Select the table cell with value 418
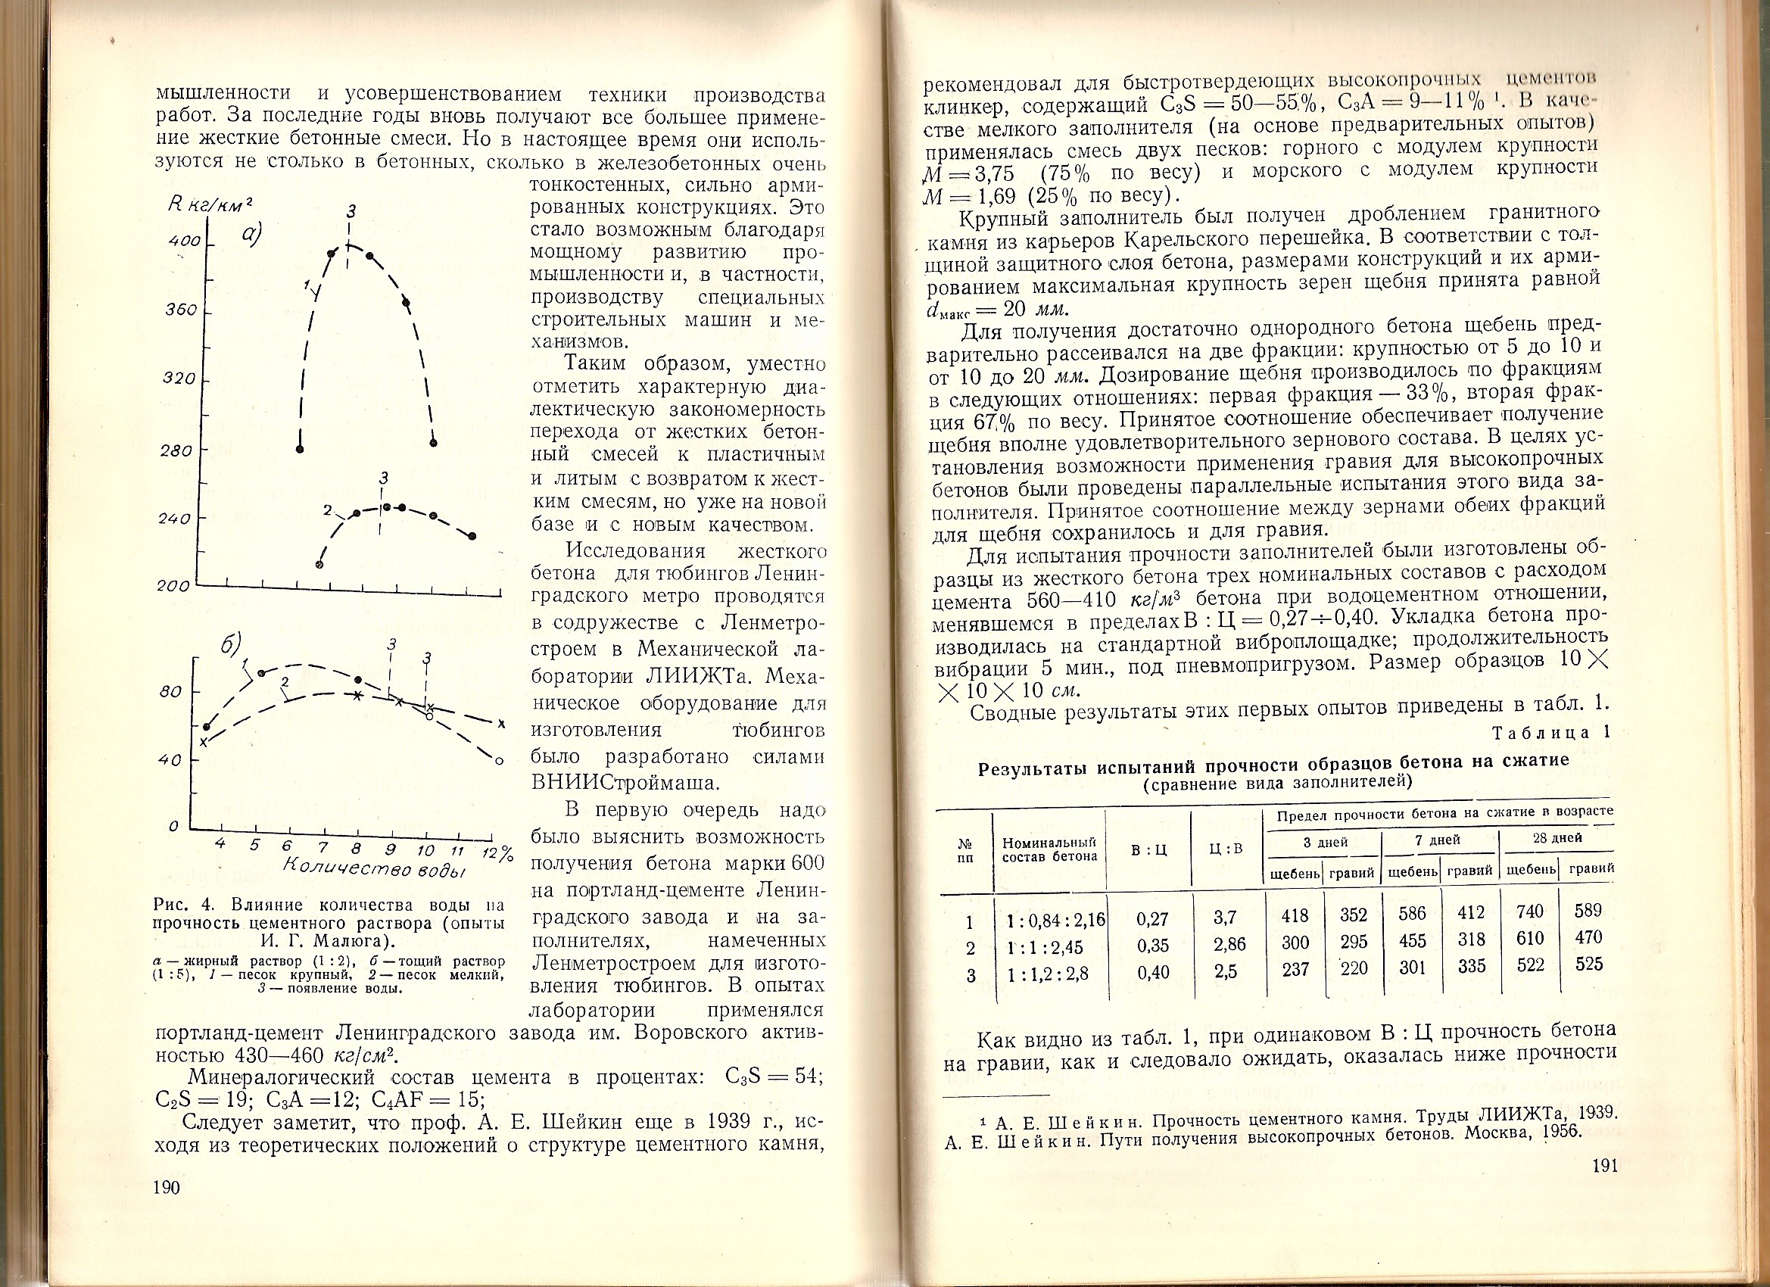pos(1295,915)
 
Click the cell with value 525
pos(1589,964)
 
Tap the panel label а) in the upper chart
pos(251,233)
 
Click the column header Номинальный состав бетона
pos(1050,849)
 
